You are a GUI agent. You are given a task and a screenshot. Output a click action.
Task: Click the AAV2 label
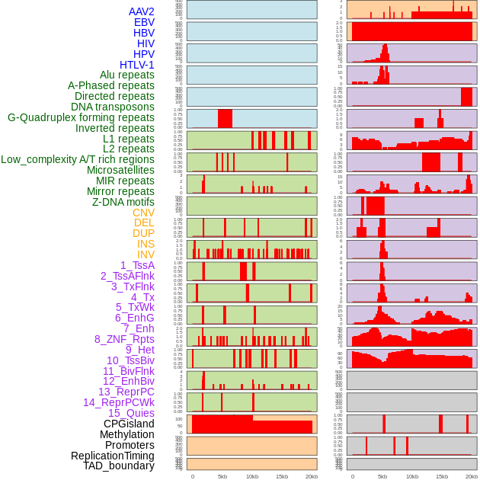[142, 11]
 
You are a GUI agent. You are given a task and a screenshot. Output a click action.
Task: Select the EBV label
[144, 22]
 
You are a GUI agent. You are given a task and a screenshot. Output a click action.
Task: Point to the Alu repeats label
[127, 75]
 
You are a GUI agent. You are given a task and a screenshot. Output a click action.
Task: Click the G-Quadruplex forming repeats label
[81, 117]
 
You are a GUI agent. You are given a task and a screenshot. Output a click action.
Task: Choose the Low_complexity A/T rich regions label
[78, 159]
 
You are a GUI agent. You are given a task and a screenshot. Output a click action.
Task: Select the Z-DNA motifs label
[123, 202]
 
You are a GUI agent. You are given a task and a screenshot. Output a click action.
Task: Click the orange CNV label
[143, 213]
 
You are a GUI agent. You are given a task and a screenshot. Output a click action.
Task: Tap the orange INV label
[146, 254]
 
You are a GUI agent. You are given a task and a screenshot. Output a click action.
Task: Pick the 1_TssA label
[137, 265]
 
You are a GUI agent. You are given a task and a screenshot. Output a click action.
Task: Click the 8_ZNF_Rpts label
[124, 339]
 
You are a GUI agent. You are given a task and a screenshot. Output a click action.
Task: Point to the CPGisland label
[129, 424]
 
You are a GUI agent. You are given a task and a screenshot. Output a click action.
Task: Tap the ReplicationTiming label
[113, 456]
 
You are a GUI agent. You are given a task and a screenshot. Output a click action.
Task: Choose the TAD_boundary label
[119, 466]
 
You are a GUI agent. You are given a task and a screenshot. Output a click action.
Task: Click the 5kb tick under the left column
[222, 476]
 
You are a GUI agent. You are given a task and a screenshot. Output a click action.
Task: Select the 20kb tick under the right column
[472, 476]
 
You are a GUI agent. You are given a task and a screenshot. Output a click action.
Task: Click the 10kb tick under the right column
[412, 476]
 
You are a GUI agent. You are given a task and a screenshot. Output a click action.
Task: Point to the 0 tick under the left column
[193, 476]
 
